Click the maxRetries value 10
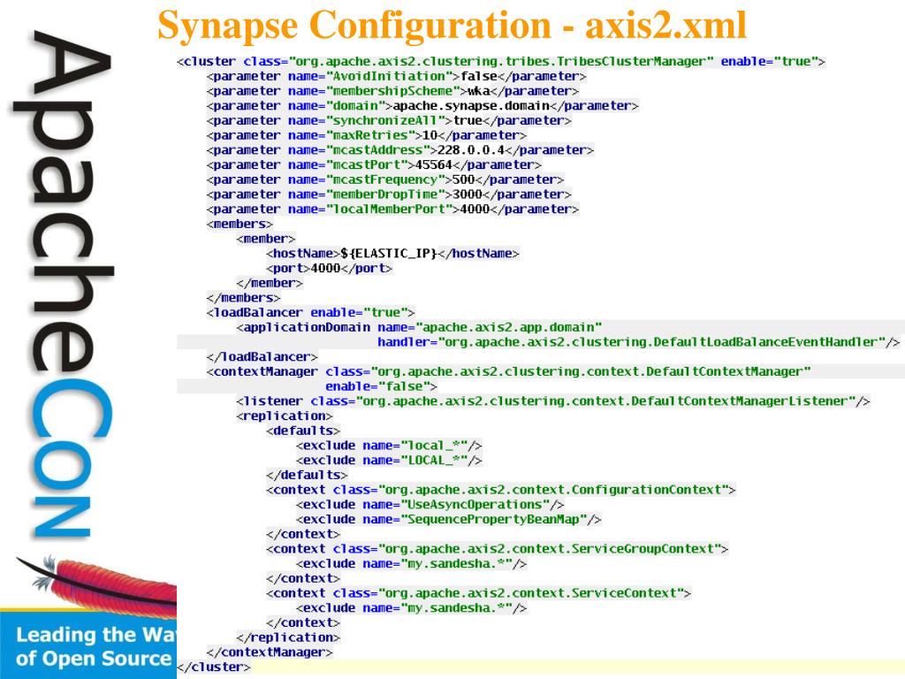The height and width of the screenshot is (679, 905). click(x=431, y=135)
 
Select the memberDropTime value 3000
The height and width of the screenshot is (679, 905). click(x=467, y=195)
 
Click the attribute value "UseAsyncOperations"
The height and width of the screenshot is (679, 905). click(x=475, y=504)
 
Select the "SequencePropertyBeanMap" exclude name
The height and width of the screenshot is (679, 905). click(x=494, y=519)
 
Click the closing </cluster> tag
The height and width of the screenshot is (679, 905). click(x=214, y=668)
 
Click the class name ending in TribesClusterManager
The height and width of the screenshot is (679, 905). click(x=501, y=62)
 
